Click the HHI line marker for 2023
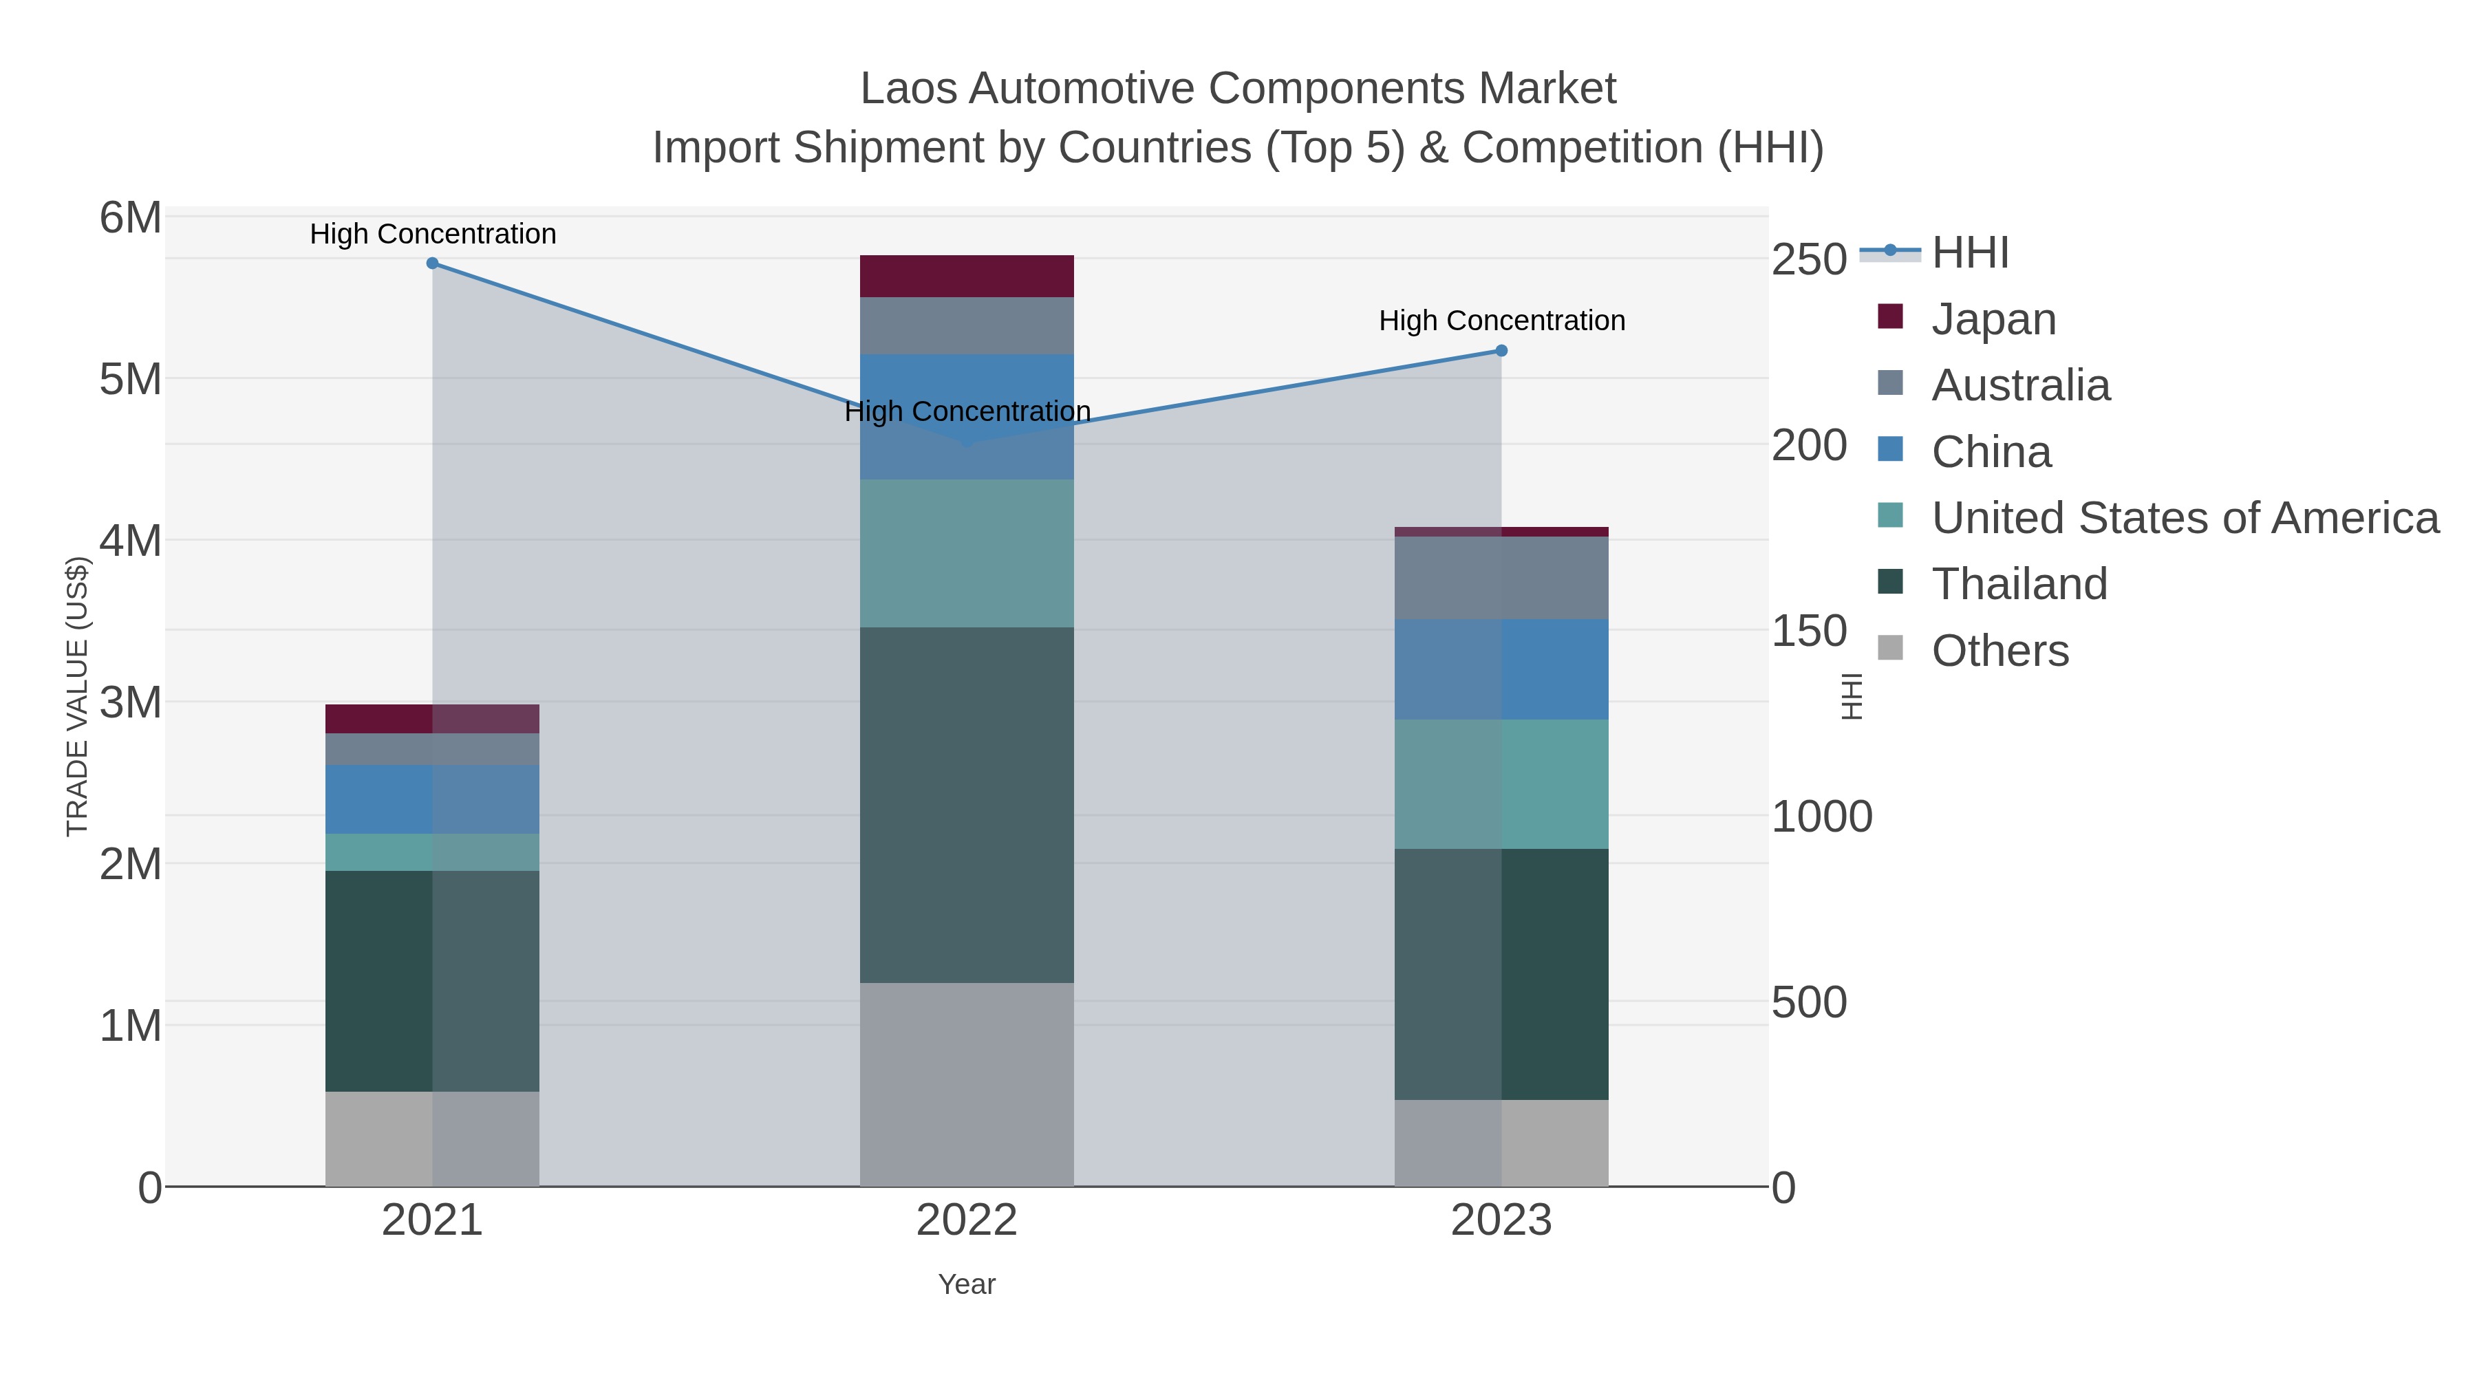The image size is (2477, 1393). click(x=1501, y=351)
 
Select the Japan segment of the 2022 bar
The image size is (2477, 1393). click(x=967, y=276)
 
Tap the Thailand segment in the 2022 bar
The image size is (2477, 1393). click(x=967, y=805)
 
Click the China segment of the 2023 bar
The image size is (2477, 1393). click(x=1501, y=669)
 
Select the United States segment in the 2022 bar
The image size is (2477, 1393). click(x=967, y=553)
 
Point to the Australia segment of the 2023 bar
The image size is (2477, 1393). click(x=1501, y=578)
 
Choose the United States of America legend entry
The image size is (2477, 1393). click(x=2183, y=518)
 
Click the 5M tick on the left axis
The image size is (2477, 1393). click(x=131, y=380)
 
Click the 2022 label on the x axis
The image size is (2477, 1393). click(x=967, y=1221)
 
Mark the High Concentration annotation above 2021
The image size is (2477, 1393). click(x=433, y=234)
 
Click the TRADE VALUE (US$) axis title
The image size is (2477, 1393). click(x=77, y=696)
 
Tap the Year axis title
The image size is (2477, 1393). click(x=967, y=1284)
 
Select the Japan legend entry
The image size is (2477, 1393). click(x=1993, y=319)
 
